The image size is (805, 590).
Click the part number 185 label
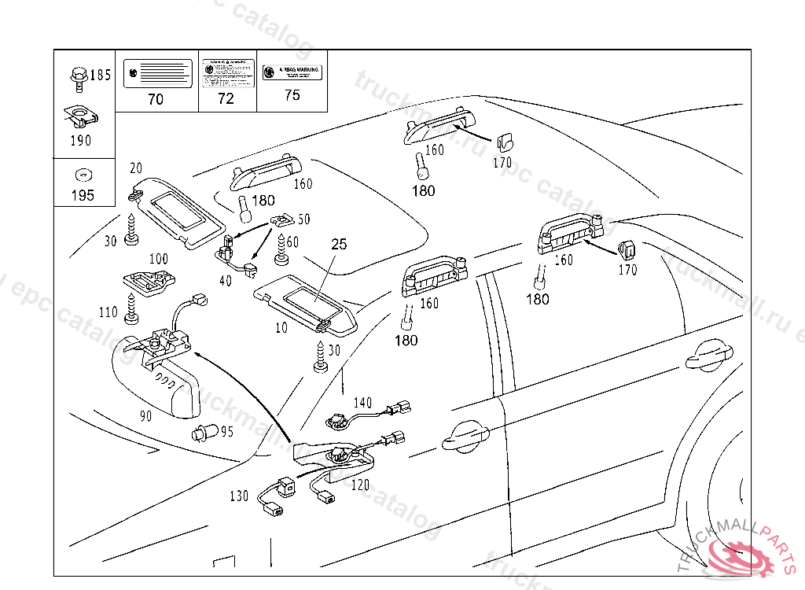101,76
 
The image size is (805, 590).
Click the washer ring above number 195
80,175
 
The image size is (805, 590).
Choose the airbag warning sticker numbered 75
292,72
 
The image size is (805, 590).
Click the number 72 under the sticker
226,99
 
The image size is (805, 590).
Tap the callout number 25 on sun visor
338,245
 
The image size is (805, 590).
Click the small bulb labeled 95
202,432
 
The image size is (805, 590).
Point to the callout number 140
362,403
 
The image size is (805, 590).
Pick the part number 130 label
239,496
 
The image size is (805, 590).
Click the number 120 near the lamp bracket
360,485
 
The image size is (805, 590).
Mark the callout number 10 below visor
281,327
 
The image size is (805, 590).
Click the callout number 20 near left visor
136,168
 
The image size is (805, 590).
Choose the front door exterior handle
465,437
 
